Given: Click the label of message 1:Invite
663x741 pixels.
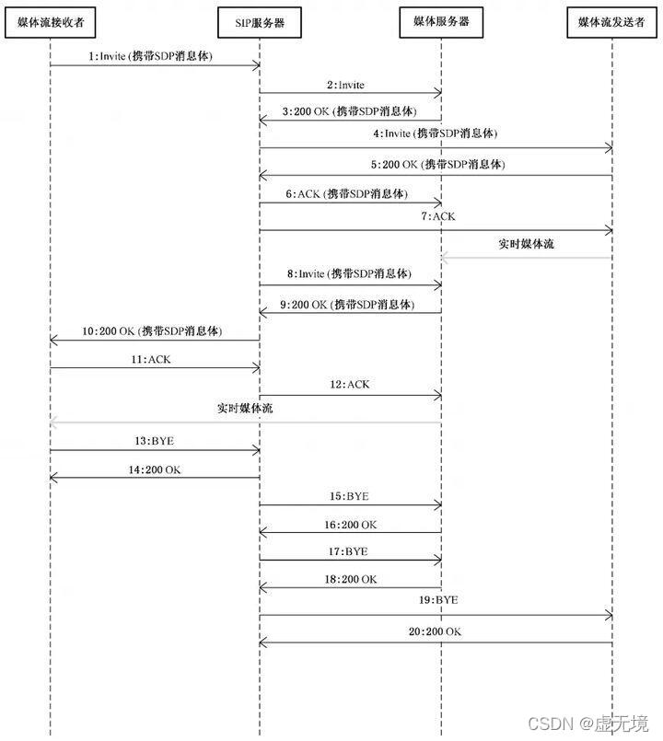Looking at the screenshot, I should [x=150, y=56].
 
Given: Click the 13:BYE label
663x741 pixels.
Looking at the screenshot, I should [x=154, y=440].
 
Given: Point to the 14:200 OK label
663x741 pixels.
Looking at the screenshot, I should [x=155, y=469].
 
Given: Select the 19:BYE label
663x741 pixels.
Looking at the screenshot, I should [x=436, y=600].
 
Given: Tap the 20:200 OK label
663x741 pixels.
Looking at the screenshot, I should [x=436, y=631].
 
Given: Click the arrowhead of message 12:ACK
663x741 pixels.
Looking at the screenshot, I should [x=438, y=395].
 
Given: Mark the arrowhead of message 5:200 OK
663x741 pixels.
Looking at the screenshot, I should [x=263, y=175].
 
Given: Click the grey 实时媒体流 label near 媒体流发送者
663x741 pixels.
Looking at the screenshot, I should [x=526, y=245].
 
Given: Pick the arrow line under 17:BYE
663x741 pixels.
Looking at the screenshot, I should [x=350, y=560].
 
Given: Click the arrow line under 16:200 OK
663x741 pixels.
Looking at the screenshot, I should [x=350, y=532].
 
